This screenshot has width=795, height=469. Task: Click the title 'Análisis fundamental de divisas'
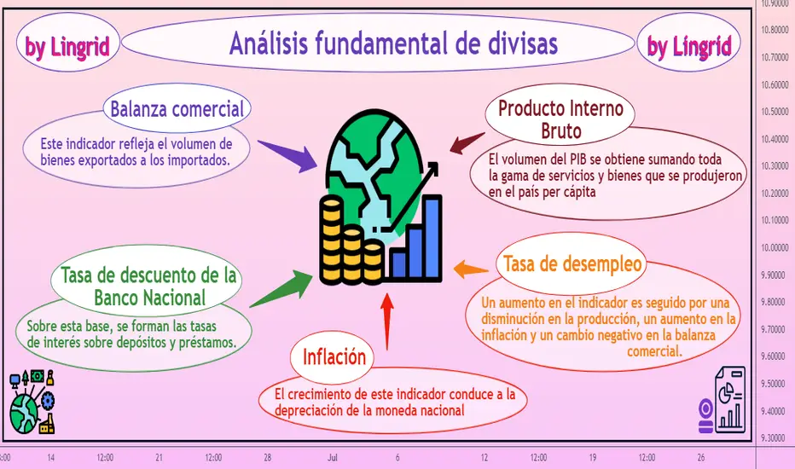[x=393, y=43]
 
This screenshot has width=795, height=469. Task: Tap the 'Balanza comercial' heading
[x=177, y=109]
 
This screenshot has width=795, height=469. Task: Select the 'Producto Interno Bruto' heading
[x=560, y=119]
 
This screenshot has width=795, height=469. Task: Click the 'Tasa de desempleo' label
[x=572, y=263]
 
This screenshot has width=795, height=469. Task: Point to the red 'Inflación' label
[x=334, y=357]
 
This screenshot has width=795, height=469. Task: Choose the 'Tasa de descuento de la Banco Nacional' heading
[x=149, y=287]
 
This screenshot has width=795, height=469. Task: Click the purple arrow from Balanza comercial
[x=287, y=156]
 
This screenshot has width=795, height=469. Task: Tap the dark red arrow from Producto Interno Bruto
[x=467, y=142]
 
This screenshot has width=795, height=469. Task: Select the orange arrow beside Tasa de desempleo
[x=471, y=269]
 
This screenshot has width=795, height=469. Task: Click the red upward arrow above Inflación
[x=387, y=322]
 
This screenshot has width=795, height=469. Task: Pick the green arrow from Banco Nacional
[x=281, y=289]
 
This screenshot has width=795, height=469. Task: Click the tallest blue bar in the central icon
[x=432, y=237]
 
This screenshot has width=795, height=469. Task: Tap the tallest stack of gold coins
[x=332, y=240]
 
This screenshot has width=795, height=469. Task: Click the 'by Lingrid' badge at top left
[x=67, y=47]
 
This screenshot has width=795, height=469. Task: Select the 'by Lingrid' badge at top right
[x=689, y=47]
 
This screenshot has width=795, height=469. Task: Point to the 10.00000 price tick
[x=775, y=247]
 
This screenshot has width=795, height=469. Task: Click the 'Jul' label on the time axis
[x=333, y=458]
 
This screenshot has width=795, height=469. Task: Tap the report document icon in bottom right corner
[x=730, y=400]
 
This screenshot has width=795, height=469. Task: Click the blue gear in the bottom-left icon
[x=48, y=401]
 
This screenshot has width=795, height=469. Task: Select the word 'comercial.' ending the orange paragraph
[x=654, y=350]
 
